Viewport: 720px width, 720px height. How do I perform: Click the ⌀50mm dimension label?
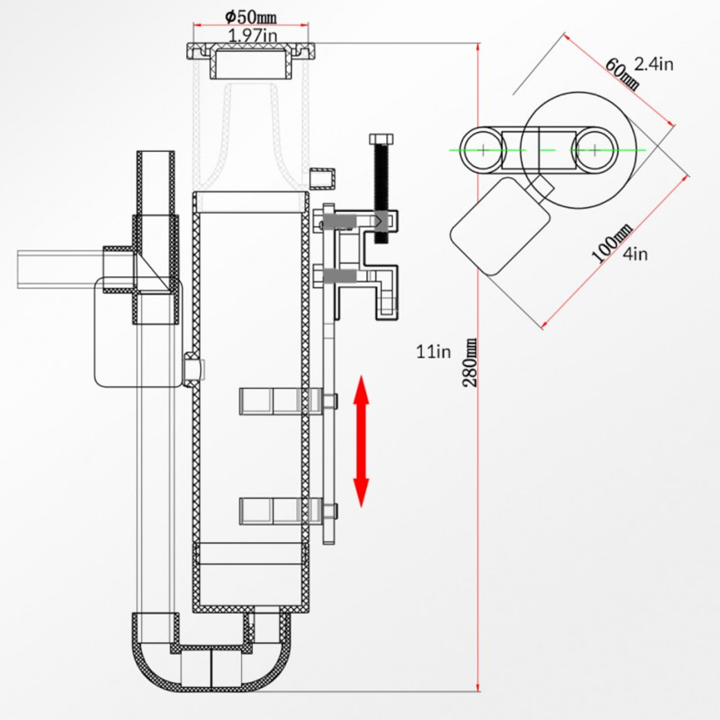pyautogui.click(x=251, y=14)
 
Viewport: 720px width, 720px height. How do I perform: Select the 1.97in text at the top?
pyautogui.click(x=252, y=34)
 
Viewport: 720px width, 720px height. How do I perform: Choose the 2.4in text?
pyautogui.click(x=654, y=64)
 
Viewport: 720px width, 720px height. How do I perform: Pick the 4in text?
pyautogui.click(x=635, y=254)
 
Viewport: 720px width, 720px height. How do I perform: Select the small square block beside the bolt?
pyautogui.click(x=324, y=177)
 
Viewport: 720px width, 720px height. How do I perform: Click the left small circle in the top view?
pyautogui.click(x=482, y=149)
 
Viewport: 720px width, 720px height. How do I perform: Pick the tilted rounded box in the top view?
pyautogui.click(x=501, y=225)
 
